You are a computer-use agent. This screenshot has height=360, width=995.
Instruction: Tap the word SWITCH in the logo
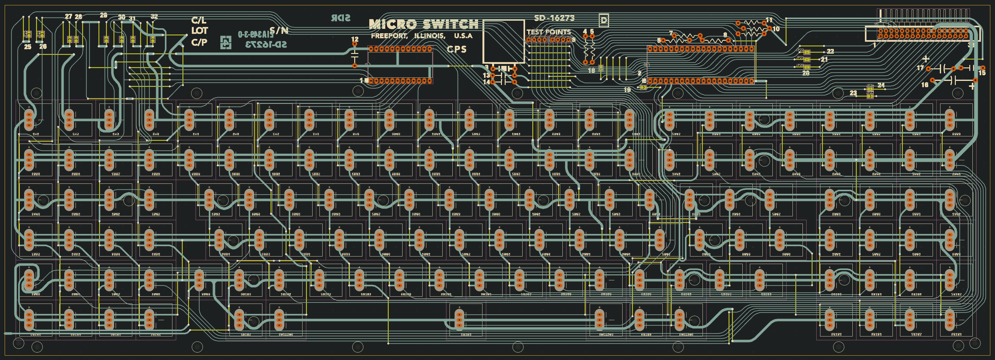[x=451, y=24]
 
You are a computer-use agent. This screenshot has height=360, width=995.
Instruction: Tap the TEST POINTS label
[x=549, y=32]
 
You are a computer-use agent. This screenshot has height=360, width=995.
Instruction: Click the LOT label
[x=199, y=30]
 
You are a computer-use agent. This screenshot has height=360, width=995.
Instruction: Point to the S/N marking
[x=279, y=30]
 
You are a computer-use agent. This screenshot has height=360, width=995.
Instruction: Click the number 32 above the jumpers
[x=154, y=17]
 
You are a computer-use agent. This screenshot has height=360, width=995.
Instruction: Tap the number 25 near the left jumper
[x=27, y=47]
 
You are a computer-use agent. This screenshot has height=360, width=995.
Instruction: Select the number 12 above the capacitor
[x=355, y=40]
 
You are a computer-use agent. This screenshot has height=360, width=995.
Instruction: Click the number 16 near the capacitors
[x=925, y=85]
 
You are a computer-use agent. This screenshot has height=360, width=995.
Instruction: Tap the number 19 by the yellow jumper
[x=627, y=90]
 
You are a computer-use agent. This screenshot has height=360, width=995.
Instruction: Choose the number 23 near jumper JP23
[x=853, y=93]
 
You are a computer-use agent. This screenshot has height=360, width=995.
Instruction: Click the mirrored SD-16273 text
[x=266, y=45]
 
